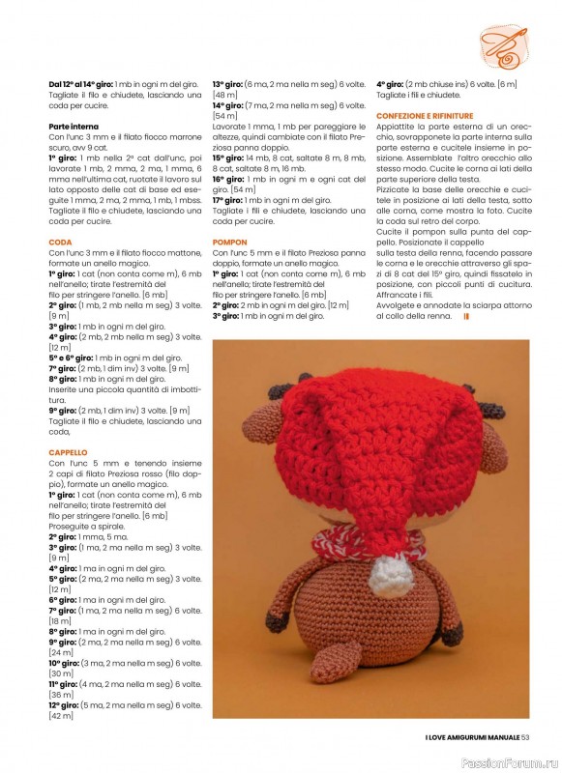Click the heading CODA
pyautogui.click(x=60, y=242)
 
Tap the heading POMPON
pyautogui.click(x=230, y=242)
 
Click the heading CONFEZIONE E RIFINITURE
pyautogui.click(x=424, y=116)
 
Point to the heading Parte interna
pyautogui.click(x=74, y=126)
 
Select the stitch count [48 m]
pyautogui.click(x=225, y=95)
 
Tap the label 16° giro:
pyautogui.click(x=230, y=179)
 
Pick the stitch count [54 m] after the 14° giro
pyautogui.click(x=225, y=116)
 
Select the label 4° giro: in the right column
pyautogui.click(x=394, y=84)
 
